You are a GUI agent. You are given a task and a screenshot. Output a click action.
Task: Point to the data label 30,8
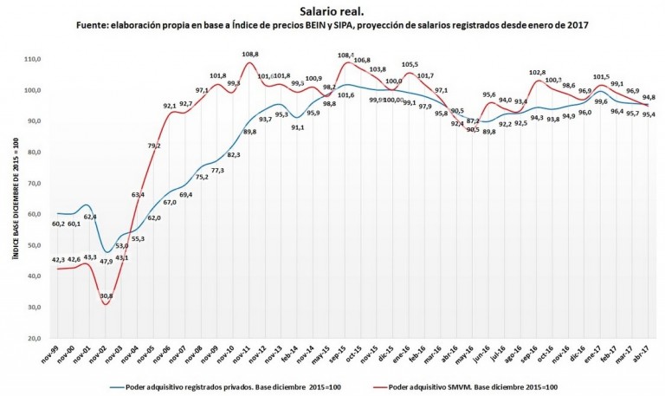coord(107,296)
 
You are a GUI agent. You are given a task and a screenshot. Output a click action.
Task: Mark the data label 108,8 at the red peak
coord(250,54)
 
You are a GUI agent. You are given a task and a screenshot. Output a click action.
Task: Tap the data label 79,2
coord(154,146)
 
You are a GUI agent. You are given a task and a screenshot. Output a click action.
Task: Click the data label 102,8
coord(538,73)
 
